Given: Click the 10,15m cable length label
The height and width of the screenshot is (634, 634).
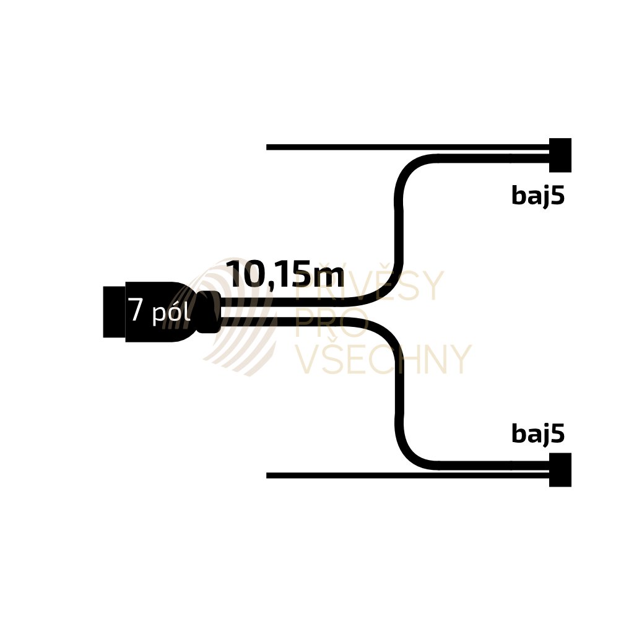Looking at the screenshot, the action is click(x=285, y=274).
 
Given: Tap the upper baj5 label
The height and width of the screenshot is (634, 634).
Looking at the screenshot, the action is click(x=538, y=196).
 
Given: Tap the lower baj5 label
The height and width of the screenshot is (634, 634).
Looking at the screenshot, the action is click(x=538, y=435).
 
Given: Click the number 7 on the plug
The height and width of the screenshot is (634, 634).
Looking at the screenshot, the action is click(x=136, y=311).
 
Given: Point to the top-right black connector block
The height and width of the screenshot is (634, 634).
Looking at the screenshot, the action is click(x=560, y=155).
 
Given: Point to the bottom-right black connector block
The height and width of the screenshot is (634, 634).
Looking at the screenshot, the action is click(x=560, y=470).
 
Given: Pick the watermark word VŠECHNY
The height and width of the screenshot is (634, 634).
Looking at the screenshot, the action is click(x=383, y=360).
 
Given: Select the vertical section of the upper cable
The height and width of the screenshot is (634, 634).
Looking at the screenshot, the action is click(x=400, y=235).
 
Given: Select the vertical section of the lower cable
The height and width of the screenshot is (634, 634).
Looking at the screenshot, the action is click(x=400, y=390).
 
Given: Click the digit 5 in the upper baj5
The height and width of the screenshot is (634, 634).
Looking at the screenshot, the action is click(x=558, y=196).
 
